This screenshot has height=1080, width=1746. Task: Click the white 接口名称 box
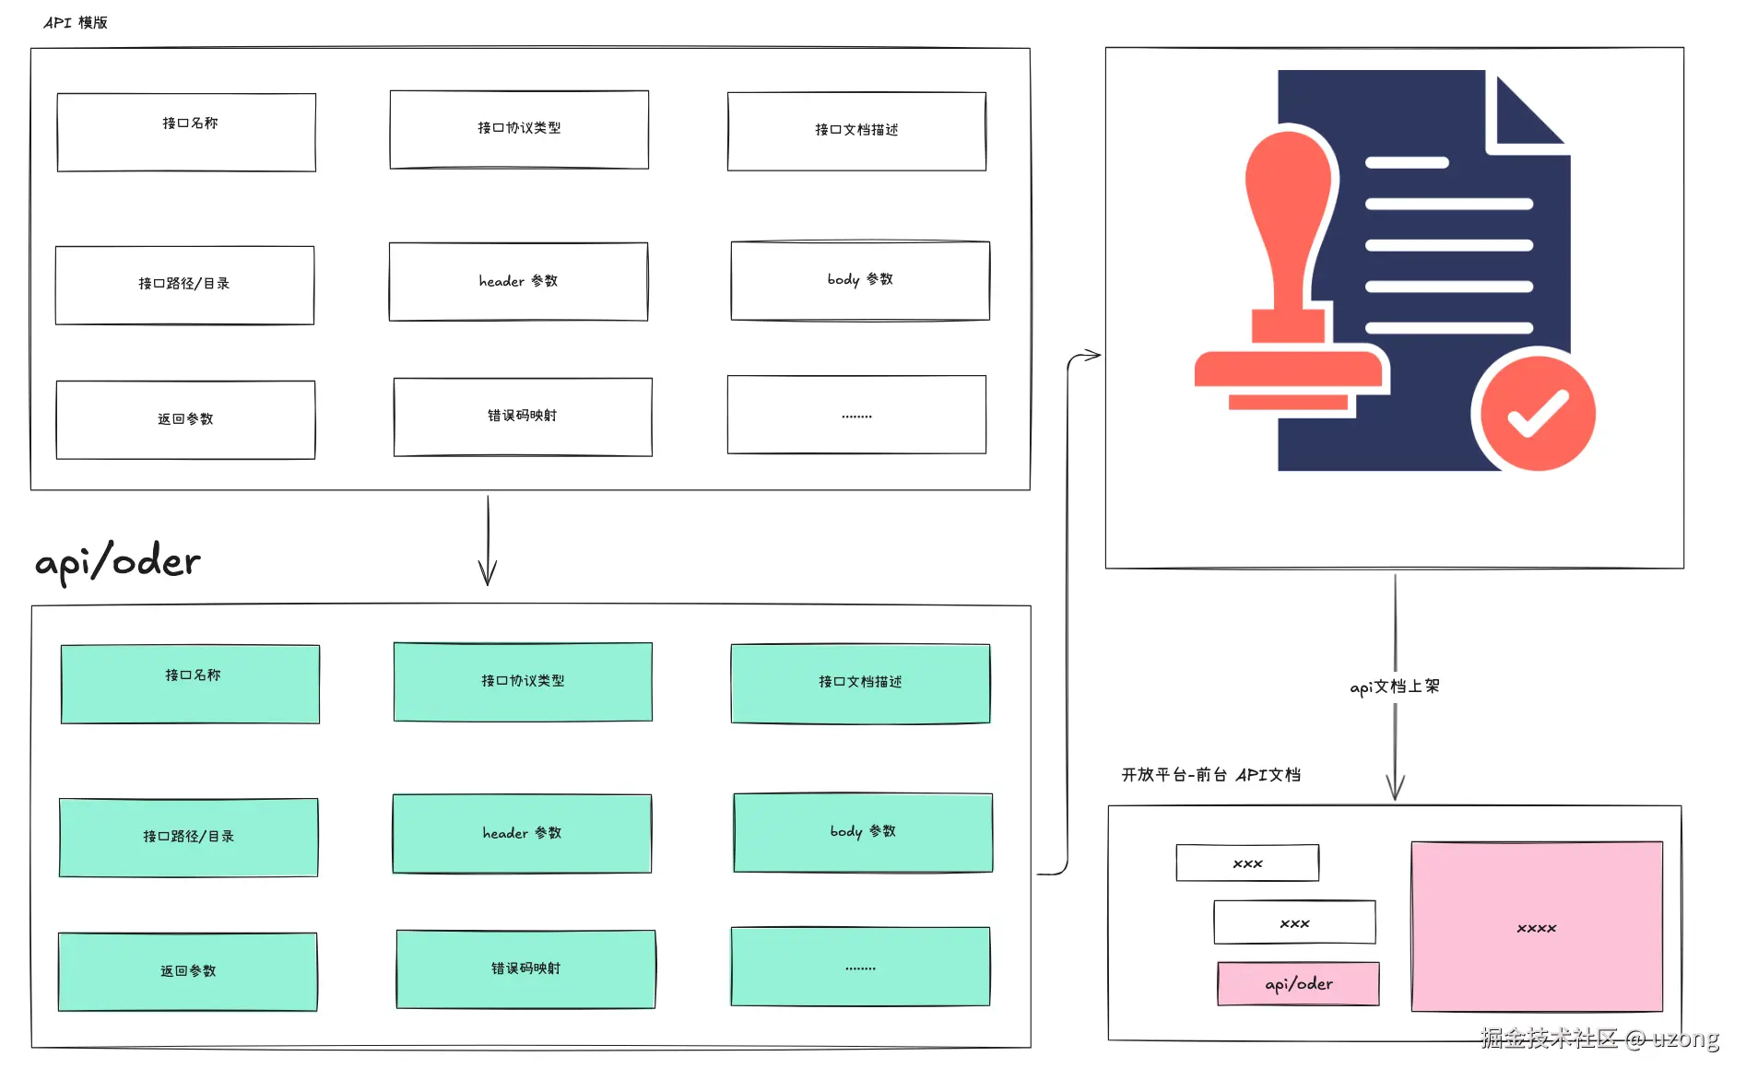point(186,132)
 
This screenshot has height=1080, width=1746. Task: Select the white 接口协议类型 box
point(519,129)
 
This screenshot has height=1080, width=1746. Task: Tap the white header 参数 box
point(518,281)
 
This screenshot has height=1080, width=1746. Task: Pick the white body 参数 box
point(860,280)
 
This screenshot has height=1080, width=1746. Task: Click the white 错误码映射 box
point(523,417)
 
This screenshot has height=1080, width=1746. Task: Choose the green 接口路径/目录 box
point(188,837)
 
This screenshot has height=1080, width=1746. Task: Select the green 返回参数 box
point(187,971)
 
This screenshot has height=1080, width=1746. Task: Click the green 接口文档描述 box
point(860,683)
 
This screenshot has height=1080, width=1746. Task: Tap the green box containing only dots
point(860,966)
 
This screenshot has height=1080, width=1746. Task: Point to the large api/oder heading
point(117,561)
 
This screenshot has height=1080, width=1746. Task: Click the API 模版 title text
point(76,22)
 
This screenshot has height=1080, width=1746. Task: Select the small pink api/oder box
point(1298,983)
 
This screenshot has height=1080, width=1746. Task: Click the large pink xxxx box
point(1537,926)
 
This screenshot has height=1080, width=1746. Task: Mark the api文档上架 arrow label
point(1394,687)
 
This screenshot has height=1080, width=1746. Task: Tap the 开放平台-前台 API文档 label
point(1210,775)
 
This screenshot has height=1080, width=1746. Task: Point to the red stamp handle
point(1289,221)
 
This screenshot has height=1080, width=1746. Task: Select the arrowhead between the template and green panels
point(488,571)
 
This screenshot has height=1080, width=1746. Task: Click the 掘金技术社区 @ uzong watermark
point(1599,1039)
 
